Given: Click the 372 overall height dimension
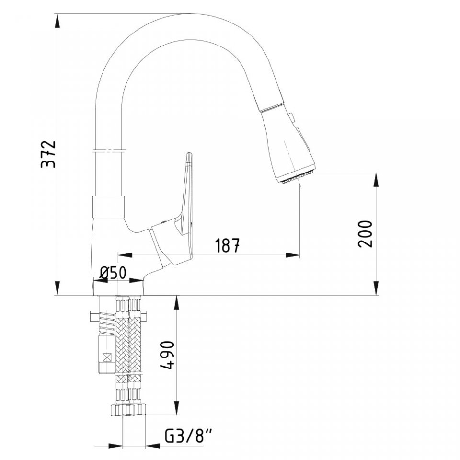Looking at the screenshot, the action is coord(48,154).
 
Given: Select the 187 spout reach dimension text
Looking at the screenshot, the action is coord(227,245).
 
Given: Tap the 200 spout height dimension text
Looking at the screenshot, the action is coord(365,234).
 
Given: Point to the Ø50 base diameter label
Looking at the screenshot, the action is coord(113,273).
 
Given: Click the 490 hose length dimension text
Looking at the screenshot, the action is coord(168,355).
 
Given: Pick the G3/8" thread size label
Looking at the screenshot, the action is coord(188,437).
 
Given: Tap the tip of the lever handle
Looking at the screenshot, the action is coord(190,153).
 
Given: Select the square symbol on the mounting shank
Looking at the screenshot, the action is coord(107,358).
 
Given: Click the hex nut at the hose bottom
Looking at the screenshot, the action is coord(128,410).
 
